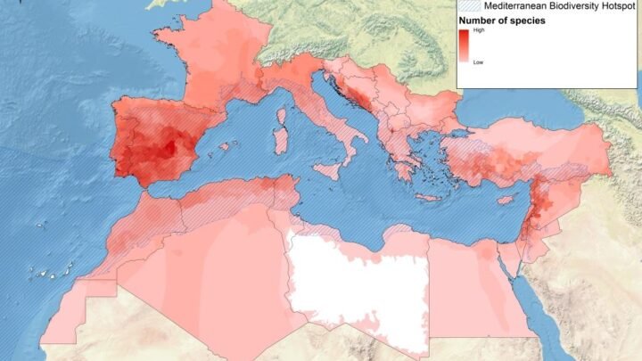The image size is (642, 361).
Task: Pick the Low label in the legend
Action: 478,62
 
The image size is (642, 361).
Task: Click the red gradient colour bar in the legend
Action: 464,46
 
